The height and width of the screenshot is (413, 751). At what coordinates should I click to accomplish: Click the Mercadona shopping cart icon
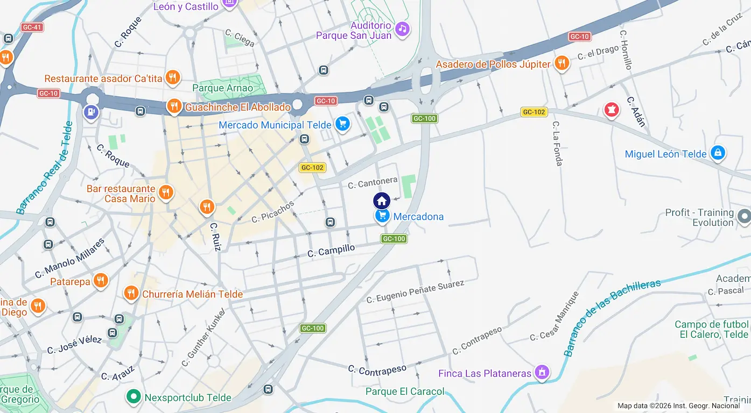pos(382,216)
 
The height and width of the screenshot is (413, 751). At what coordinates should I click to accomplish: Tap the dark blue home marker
pos(382,201)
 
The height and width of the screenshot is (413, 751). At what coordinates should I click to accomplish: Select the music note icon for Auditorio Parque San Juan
pos(402,29)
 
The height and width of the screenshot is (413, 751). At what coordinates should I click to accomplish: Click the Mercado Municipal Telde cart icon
pos(342,125)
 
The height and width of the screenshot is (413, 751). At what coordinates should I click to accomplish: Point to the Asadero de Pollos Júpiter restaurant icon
pos(562,63)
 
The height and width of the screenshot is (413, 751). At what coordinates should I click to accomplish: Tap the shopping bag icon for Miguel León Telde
pos(718,153)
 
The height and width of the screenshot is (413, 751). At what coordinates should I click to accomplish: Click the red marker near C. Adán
pos(611,110)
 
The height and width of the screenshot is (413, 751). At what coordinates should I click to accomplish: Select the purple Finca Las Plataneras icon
pos(542,373)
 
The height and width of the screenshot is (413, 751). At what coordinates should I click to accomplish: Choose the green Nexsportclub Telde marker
pos(134,397)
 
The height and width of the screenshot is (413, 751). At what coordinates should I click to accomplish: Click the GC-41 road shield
pos(32,27)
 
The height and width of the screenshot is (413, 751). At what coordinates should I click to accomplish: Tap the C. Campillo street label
pos(331,251)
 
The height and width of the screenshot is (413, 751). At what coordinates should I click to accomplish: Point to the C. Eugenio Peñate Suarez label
pos(415,291)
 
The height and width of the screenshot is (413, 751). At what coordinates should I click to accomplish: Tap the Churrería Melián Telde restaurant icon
pos(131,294)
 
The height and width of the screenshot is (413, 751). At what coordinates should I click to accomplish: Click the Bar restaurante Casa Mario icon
pos(166,193)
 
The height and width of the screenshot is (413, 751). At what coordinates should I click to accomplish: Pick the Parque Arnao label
pos(222,88)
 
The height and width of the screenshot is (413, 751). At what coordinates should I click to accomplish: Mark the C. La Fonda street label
pos(558,143)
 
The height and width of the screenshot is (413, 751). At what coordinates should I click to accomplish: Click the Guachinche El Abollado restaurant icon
pos(174,106)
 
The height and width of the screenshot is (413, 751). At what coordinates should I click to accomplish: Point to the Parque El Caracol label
pos(405,391)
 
